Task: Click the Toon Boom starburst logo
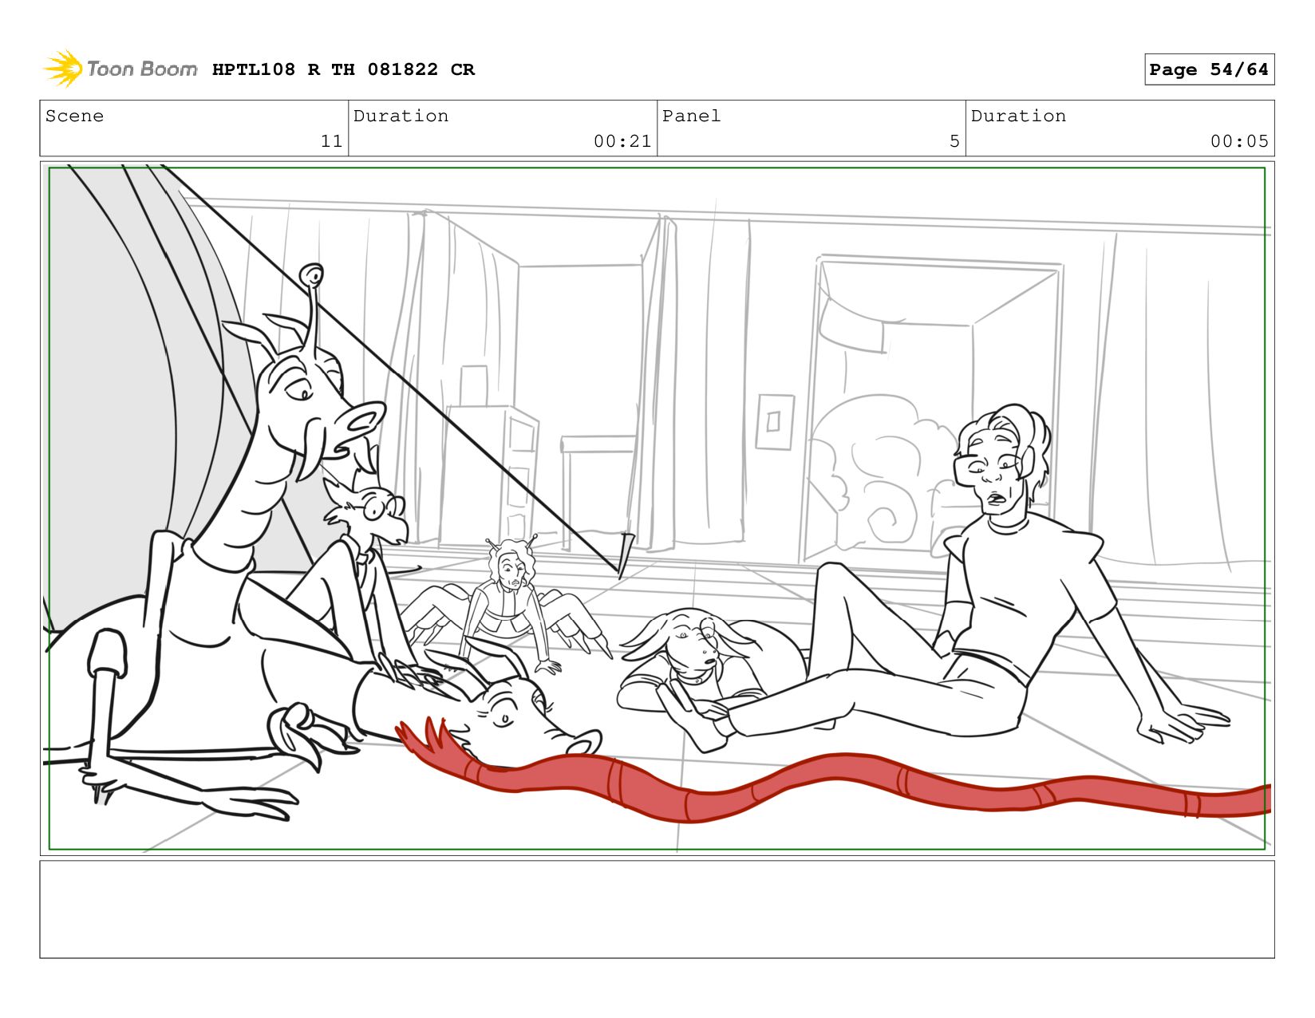pos(63,69)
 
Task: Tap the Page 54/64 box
pos(1209,69)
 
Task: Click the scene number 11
pos(331,141)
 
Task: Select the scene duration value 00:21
pos(622,141)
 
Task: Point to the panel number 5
pos(954,141)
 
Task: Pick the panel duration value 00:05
pos(1238,141)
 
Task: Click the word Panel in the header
pos(691,116)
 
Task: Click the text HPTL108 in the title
pos(254,69)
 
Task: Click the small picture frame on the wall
pos(774,421)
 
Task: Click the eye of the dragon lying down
pos(504,720)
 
